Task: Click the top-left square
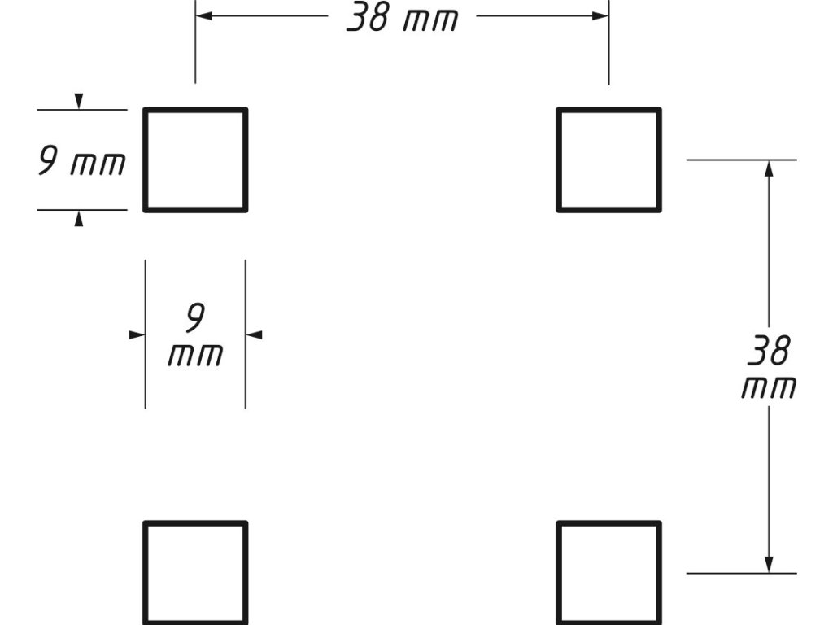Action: tap(195, 160)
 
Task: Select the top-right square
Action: tap(608, 160)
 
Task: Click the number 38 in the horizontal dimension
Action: tap(368, 18)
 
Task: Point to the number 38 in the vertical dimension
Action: tap(769, 352)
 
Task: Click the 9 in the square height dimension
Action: tap(48, 162)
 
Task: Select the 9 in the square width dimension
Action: tap(194, 318)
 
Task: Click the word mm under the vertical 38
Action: tap(769, 387)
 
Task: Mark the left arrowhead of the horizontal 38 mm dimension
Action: tap(204, 15)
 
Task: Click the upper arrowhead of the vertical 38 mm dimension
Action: tap(769, 168)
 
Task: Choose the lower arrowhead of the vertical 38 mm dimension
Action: tap(769, 564)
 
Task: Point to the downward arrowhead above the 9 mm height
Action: tap(79, 102)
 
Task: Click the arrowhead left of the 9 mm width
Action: tap(137, 334)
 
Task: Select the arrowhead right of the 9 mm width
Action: tap(254, 334)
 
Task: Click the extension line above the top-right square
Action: tap(608, 49)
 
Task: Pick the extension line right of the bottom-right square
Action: tap(740, 573)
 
